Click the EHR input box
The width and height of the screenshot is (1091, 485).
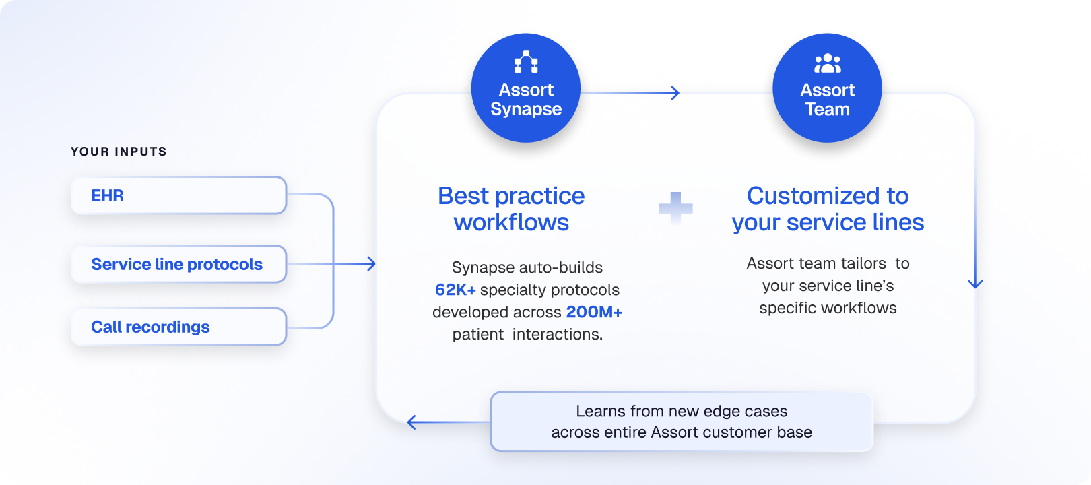pyautogui.click(x=178, y=195)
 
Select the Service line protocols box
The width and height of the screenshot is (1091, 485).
pyautogui.click(x=178, y=264)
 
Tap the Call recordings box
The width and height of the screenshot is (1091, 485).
pyautogui.click(x=178, y=327)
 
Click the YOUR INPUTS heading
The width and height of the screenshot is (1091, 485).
pyautogui.click(x=119, y=152)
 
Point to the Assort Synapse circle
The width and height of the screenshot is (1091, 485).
pyautogui.click(x=526, y=88)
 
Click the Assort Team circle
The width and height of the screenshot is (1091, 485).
pyautogui.click(x=827, y=88)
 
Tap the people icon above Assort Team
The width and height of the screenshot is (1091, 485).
pyautogui.click(x=828, y=63)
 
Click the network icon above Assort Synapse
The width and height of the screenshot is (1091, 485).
pyautogui.click(x=526, y=62)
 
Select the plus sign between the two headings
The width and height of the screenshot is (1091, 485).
pyautogui.click(x=675, y=208)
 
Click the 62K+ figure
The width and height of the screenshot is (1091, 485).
pyautogui.click(x=455, y=290)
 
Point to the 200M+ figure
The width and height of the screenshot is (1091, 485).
pyautogui.click(x=594, y=312)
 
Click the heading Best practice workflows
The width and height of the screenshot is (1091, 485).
pyautogui.click(x=511, y=209)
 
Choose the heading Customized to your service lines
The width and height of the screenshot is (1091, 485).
pyautogui.click(x=828, y=209)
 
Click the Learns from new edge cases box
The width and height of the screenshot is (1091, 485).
pyautogui.click(x=682, y=422)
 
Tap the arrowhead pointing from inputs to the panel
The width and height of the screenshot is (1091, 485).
pyautogui.click(x=371, y=264)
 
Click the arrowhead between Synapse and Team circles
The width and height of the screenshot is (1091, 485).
pyautogui.click(x=675, y=92)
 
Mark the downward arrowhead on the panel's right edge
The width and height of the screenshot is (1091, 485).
pyautogui.click(x=975, y=284)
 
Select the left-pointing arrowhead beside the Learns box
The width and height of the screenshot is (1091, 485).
pyautogui.click(x=411, y=422)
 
